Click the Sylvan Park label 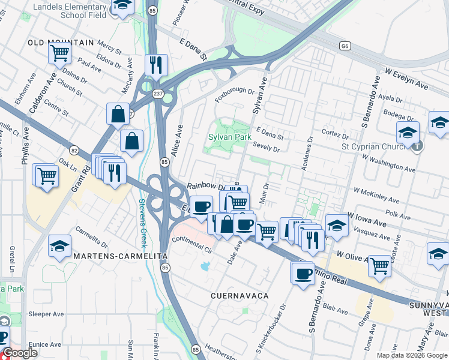[x=229, y=137]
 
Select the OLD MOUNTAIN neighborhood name [x=61, y=43]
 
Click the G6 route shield [x=345, y=45]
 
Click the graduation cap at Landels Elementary [x=122, y=6]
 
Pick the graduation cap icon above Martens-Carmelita [x=59, y=245]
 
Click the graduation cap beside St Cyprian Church [x=408, y=132]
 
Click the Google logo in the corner [x=21, y=353]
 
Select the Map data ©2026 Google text [x=412, y=355]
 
